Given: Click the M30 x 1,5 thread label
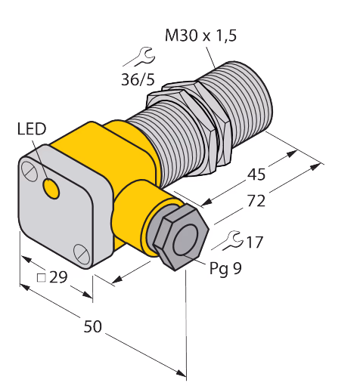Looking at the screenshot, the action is click(x=200, y=36).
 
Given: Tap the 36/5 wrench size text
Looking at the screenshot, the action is click(x=138, y=79).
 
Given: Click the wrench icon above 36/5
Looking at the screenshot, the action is click(x=139, y=57).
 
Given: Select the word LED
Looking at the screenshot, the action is click(x=32, y=129).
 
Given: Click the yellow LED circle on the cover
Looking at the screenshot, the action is click(x=51, y=188).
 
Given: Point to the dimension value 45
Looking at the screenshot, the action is click(x=256, y=174).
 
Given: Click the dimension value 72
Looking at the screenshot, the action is click(x=256, y=201).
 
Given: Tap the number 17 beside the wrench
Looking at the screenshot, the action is click(x=255, y=242).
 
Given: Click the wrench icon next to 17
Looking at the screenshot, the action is click(x=228, y=241).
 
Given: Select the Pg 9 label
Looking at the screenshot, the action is click(x=225, y=268).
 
